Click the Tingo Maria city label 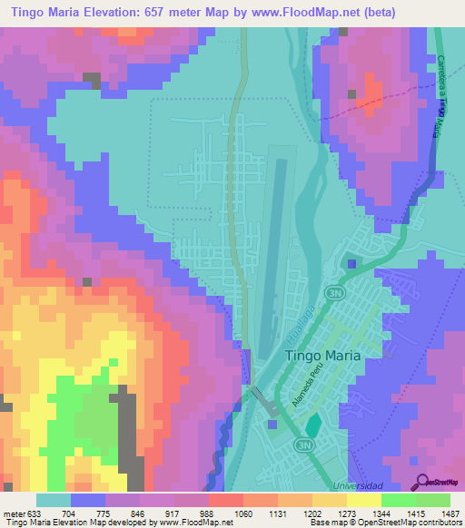point(323,357)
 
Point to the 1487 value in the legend point(450,513)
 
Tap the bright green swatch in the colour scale point(398,500)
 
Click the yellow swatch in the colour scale point(363,500)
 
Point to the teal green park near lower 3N point(313,424)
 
